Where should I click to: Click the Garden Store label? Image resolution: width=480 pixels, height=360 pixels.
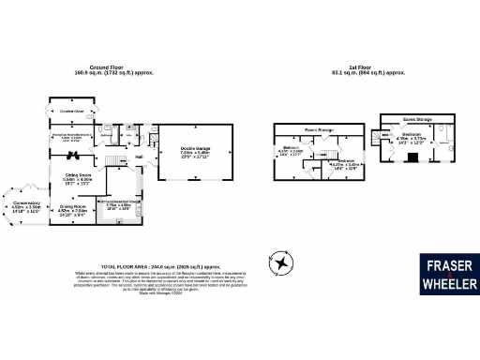[x=72, y=112]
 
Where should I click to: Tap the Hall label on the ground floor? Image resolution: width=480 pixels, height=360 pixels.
[x=138, y=157]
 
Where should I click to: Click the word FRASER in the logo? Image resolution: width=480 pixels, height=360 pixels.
[x=449, y=264]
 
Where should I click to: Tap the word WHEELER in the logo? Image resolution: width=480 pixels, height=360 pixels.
[x=449, y=284]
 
